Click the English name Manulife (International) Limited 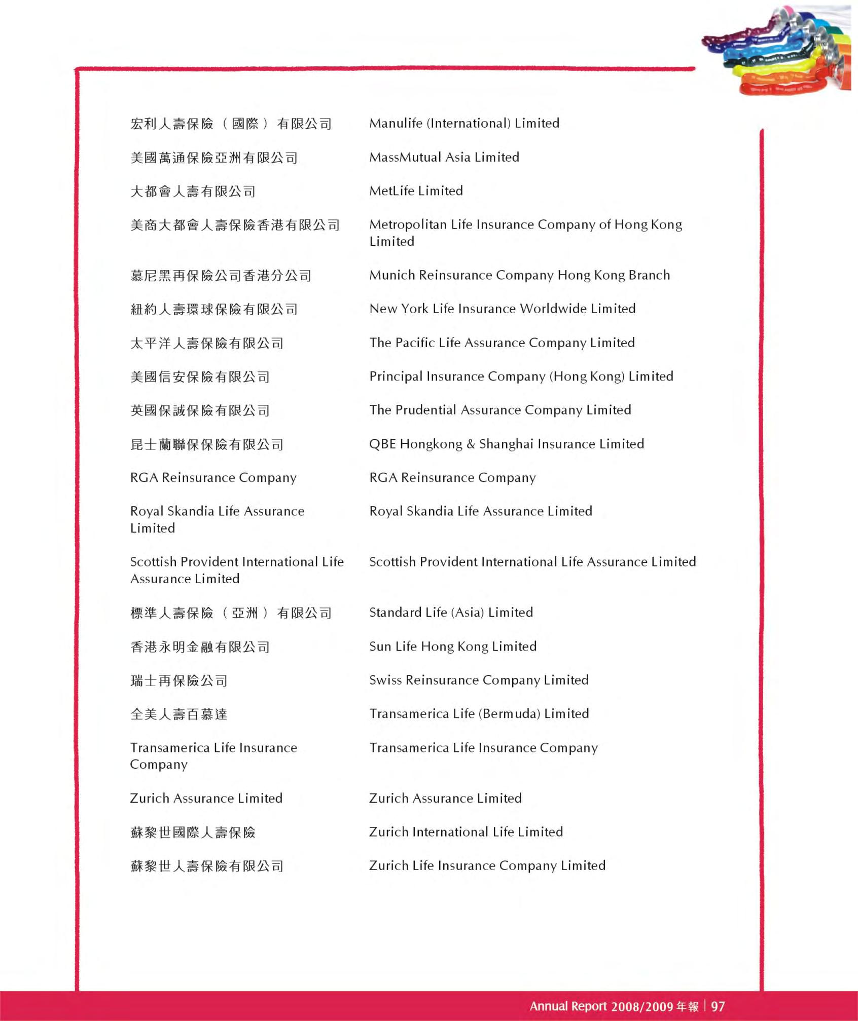pos(464,123)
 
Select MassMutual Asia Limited pos(444,157)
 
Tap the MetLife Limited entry pos(416,191)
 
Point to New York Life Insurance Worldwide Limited pos(502,309)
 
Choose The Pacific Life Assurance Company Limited pos(502,343)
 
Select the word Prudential pos(426,410)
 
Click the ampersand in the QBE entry pos(471,444)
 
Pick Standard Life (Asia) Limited pos(451,613)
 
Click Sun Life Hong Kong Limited pos(453,647)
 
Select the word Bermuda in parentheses pos(510,714)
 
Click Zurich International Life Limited pos(466,832)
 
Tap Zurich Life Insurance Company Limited pos(487,866)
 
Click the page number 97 pos(718,1006)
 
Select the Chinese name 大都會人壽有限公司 pos(193,192)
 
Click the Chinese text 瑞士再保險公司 pos(178,680)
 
